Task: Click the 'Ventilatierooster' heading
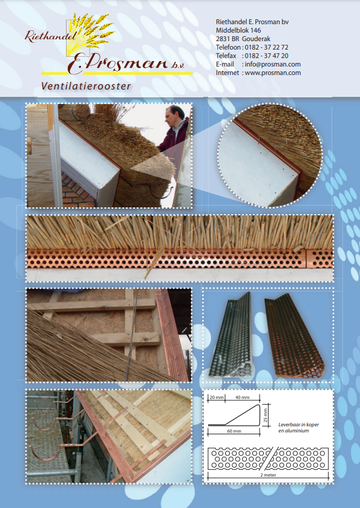pos(86,86)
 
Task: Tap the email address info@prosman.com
pos(272,64)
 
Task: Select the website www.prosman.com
pos(272,73)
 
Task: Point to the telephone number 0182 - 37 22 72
pos(266,47)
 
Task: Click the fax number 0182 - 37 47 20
pos(266,56)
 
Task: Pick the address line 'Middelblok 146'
pos(238,30)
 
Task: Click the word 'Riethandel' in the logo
pos(50,37)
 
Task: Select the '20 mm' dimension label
pos(216,397)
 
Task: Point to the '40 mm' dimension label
pos(243,397)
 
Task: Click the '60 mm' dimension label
pos(234,431)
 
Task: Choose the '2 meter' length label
pos(267,475)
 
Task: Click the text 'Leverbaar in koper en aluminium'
pos(298,428)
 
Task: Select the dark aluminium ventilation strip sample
pos(232,336)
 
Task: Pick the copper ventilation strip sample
pos(293,337)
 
